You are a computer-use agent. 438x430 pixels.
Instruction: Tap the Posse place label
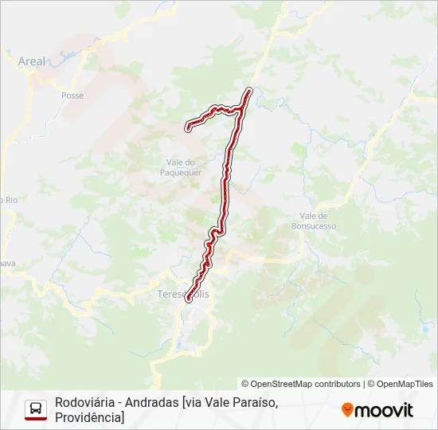72,96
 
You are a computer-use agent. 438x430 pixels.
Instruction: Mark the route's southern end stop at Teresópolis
189,300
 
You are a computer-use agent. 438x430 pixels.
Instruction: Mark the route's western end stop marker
188,127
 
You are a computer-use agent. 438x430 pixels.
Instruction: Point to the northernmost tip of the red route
250,90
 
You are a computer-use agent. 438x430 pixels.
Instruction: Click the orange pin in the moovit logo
347,410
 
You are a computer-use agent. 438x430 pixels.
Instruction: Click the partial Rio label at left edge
9,200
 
